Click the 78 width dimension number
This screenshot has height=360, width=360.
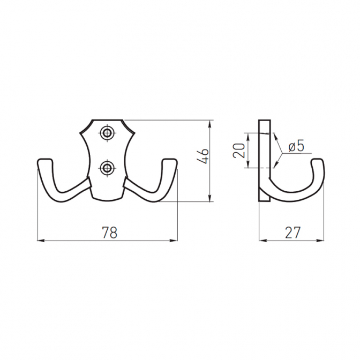[x=109, y=232]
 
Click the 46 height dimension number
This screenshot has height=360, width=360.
[x=202, y=156]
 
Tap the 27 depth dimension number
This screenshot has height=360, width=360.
[x=292, y=232]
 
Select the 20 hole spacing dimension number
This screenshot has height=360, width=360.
[x=238, y=151]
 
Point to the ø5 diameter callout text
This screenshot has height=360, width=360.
[x=296, y=146]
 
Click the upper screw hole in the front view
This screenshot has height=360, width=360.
[x=107, y=132]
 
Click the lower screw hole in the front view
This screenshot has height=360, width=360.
[x=107, y=168]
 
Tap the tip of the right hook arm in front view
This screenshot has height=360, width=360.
[x=170, y=161]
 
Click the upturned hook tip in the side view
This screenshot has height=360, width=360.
[x=318, y=161]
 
